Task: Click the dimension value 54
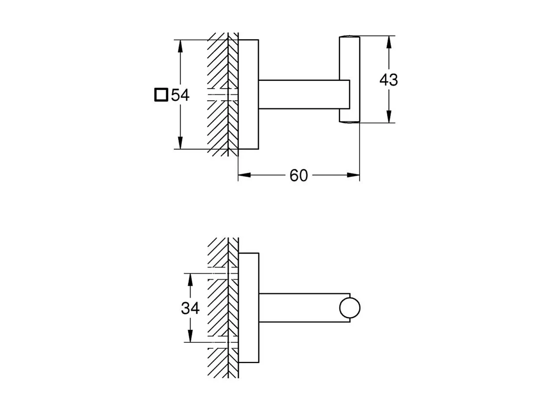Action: [x=180, y=95]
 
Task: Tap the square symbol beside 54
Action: [x=161, y=95]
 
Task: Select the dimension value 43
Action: [x=388, y=80]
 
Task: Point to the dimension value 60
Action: [x=298, y=176]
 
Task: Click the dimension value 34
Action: [x=190, y=308]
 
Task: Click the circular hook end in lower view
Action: [x=350, y=308]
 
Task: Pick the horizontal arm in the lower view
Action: [x=298, y=308]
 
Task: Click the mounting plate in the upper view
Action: [x=248, y=94]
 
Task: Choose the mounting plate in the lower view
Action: [x=248, y=308]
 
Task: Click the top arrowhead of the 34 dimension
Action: [x=190, y=278]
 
